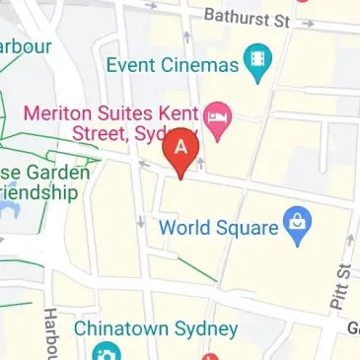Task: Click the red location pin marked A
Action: pos(180,149)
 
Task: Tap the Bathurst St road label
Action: pos(246,17)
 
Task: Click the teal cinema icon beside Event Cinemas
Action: pos(259,64)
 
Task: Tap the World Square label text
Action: pos(218,227)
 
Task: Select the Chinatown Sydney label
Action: pos(156,328)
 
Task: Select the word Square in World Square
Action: pos(246,227)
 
